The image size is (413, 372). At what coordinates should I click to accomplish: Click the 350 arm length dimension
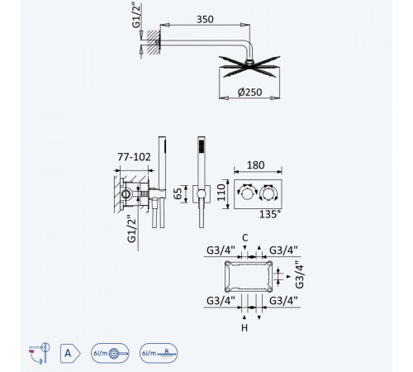pyautogui.click(x=205, y=19)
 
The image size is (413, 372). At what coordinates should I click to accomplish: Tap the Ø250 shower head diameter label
pyautogui.click(x=249, y=92)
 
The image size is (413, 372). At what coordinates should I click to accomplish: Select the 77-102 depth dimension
pyautogui.click(x=134, y=157)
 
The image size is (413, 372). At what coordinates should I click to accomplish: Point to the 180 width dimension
pyautogui.click(x=256, y=165)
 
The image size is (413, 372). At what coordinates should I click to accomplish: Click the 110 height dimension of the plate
pyautogui.click(x=221, y=193)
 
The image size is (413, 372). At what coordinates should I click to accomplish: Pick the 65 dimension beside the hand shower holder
pyautogui.click(x=178, y=193)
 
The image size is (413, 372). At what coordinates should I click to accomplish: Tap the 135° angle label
pyautogui.click(x=270, y=214)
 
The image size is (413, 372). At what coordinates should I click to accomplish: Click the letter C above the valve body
pyautogui.click(x=245, y=237)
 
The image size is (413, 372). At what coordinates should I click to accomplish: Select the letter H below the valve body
pyautogui.click(x=244, y=328)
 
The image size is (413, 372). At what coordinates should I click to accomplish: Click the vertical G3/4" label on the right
pyautogui.click(x=299, y=274)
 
